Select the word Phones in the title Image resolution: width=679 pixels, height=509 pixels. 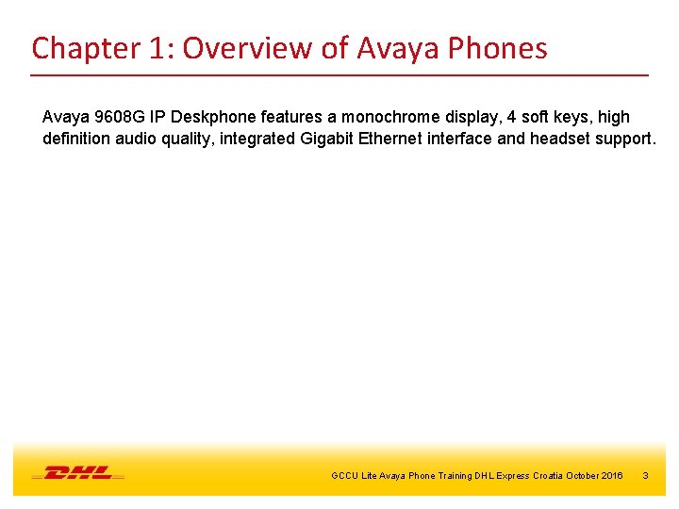[500, 48]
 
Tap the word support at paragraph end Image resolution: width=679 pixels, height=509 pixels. [621, 139]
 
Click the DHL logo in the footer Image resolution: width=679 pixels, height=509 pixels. [78, 472]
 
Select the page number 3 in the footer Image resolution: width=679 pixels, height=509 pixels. [645, 476]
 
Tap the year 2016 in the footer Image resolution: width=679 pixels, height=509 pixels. [610, 476]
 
